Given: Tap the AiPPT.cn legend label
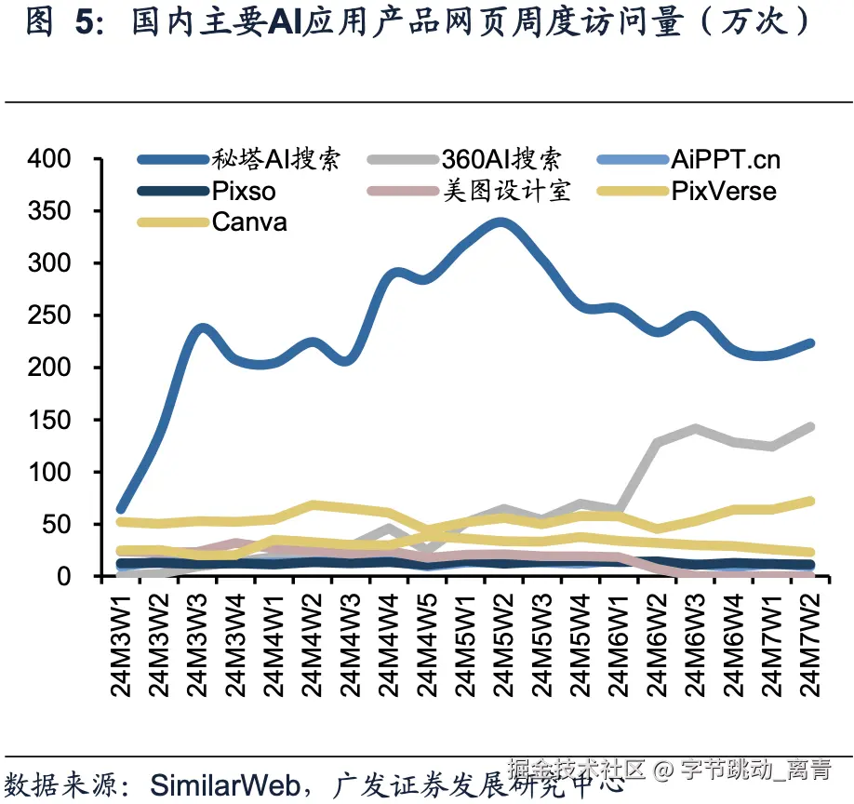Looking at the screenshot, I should pos(726,159).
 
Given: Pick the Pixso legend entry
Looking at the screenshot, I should pos(244,192).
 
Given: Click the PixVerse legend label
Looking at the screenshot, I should pos(724,192).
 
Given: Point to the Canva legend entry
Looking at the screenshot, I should pos(249,222).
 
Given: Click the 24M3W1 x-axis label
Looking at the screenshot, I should pos(122,642).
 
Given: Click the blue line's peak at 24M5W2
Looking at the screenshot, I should pos(501,223).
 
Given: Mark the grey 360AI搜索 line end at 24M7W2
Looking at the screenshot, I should pos(809,427).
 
